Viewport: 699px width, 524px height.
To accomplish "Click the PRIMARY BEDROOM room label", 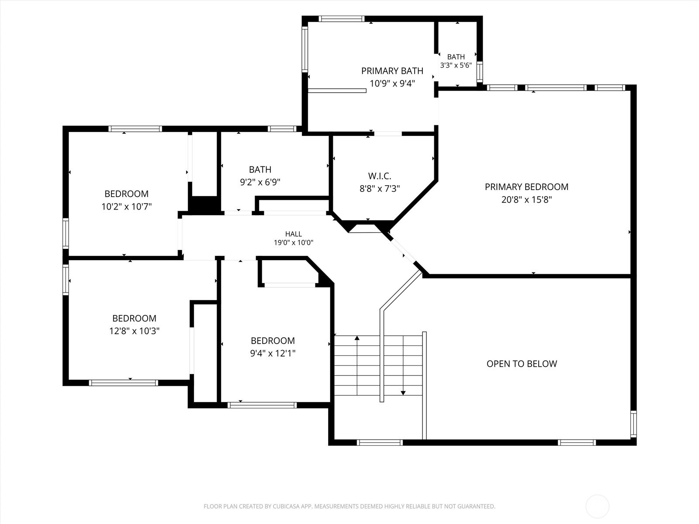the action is [x=526, y=187].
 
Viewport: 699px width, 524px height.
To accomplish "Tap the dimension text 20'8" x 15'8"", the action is [x=526, y=200].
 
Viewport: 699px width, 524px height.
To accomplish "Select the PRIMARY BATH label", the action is [x=392, y=71].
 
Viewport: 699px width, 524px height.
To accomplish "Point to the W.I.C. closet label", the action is [x=380, y=176].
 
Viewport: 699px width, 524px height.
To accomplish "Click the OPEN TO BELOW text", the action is [x=522, y=364].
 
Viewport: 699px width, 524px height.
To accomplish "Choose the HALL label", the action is [x=293, y=234].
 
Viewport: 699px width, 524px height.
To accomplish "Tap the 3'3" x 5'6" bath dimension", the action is [x=456, y=65].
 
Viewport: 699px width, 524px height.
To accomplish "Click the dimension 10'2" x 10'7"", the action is [x=126, y=207].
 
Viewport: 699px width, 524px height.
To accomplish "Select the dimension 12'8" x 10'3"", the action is [x=134, y=331].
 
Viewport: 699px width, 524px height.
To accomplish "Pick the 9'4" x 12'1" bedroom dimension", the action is [x=273, y=353].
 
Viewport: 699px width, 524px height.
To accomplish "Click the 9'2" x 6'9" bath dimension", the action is [x=260, y=182].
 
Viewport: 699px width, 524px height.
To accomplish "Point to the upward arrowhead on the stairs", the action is [x=357, y=338].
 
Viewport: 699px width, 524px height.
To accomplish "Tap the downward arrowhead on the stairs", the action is [x=403, y=393].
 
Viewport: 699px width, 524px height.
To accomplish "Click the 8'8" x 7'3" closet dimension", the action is [x=380, y=189].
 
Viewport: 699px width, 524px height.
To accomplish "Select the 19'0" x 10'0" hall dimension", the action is [x=293, y=243].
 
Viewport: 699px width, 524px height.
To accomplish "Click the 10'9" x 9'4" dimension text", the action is [x=392, y=84].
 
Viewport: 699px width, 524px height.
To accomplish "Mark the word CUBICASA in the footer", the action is [x=284, y=506].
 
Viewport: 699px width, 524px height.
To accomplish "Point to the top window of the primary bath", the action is [x=341, y=19].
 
